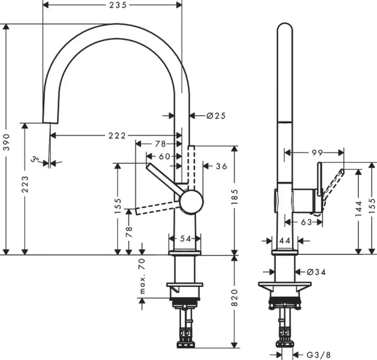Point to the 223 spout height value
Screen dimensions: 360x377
click(25, 184)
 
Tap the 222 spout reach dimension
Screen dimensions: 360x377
click(117, 136)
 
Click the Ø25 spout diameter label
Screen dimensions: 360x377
click(216, 116)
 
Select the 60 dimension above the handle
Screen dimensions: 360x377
click(164, 156)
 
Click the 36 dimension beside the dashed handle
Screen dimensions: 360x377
click(221, 166)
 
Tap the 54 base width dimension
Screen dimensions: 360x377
click(185, 238)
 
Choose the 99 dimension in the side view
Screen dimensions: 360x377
click(317, 153)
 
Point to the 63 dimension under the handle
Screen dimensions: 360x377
click(307, 222)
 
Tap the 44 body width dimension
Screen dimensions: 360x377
click(285, 241)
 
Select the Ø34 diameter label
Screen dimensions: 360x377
click(316, 272)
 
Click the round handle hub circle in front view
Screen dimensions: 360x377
click(191, 202)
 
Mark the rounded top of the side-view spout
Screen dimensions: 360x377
click(285, 26)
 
